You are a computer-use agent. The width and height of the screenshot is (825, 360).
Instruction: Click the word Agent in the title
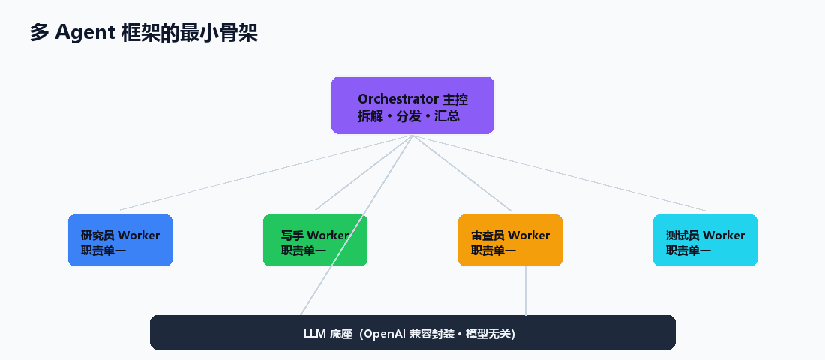(85, 33)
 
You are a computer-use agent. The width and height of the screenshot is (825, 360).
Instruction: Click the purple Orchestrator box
(412, 105)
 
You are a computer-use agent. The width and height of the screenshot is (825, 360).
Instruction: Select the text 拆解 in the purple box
(367, 116)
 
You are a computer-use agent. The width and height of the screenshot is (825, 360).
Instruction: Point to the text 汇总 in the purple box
(447, 116)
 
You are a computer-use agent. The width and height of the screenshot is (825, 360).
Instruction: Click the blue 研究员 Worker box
(121, 240)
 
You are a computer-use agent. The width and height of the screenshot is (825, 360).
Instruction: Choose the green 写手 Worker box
(315, 240)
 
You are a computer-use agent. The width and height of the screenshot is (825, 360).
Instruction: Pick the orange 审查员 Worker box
(510, 240)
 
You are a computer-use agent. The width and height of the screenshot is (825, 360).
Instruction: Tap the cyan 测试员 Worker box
(705, 240)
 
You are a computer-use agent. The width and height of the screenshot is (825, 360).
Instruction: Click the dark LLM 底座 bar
(412, 332)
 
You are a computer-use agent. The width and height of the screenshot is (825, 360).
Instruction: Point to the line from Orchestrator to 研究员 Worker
(266, 172)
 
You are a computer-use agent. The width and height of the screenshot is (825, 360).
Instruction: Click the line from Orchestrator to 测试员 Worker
(559, 172)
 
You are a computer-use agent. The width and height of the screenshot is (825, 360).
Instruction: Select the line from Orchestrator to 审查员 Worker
(462, 172)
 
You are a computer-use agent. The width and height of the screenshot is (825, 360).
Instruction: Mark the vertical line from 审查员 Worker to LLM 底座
(526, 290)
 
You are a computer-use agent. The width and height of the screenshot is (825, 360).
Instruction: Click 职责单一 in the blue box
(103, 250)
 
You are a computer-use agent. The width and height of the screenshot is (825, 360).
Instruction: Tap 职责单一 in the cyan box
(688, 250)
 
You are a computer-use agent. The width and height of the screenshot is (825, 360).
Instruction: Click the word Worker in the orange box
(529, 235)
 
